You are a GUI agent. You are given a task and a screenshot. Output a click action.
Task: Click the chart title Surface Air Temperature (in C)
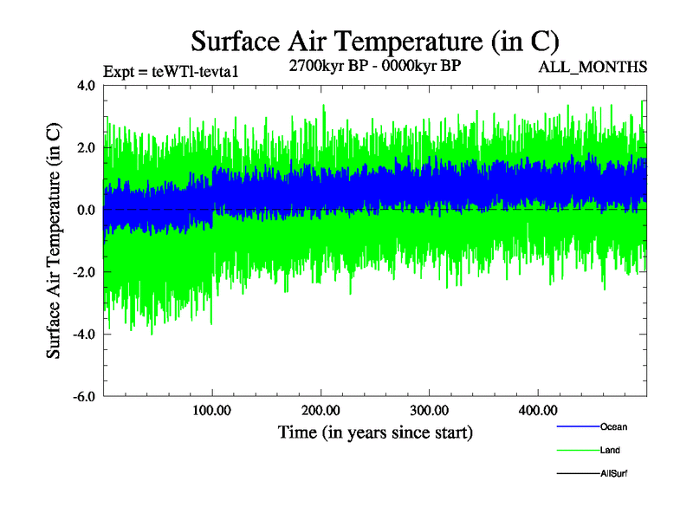374,41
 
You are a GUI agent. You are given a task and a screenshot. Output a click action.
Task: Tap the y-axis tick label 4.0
87,86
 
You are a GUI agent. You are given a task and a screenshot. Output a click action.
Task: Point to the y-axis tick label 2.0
87,148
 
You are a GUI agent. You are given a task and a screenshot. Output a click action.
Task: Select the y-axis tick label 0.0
87,211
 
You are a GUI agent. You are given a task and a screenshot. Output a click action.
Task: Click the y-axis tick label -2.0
84,272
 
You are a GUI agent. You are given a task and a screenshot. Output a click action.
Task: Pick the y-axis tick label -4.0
84,335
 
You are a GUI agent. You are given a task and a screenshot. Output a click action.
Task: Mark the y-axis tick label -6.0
84,397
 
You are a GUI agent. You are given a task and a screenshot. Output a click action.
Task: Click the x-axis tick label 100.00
212,410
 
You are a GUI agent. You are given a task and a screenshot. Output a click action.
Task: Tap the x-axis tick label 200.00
321,410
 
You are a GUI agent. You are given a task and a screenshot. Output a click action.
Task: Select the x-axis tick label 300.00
429,410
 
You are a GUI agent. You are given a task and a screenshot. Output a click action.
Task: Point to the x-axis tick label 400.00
537,410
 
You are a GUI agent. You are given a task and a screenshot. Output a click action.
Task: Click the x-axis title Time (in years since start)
375,432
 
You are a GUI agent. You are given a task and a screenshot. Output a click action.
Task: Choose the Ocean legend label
613,426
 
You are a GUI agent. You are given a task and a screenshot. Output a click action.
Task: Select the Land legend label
610,451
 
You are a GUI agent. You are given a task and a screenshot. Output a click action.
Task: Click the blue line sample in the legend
576,427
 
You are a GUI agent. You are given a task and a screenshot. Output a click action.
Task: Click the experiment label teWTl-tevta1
170,72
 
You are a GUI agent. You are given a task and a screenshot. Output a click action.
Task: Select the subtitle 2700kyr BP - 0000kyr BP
374,67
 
